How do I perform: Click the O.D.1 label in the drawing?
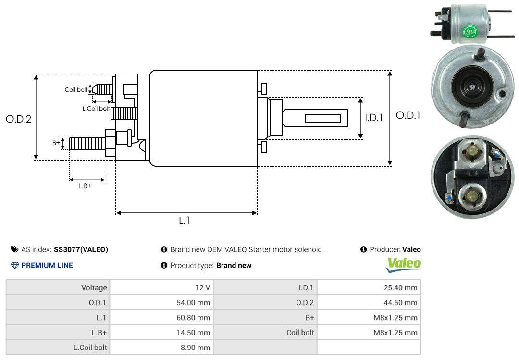408,115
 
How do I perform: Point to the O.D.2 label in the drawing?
18,119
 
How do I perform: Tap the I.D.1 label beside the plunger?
373,117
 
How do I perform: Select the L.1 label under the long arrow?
185,221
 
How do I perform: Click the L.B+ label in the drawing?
85,186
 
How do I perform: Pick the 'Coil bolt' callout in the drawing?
76,90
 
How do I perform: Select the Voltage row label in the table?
94,288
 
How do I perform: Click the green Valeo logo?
404,263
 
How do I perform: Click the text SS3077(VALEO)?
81,249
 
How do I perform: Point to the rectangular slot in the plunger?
323,118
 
